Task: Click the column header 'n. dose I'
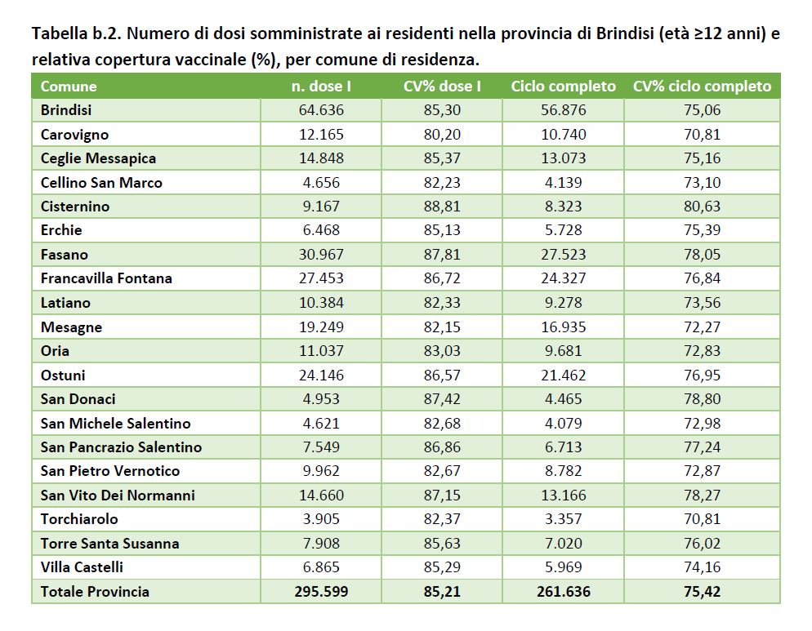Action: coord(321,86)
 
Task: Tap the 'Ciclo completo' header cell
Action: coord(563,86)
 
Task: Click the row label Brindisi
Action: coord(66,110)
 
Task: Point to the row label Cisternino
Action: coord(75,207)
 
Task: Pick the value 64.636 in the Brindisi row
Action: coord(321,110)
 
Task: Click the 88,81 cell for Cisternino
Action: coord(442,207)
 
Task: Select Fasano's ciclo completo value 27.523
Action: coord(563,255)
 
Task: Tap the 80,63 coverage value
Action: coord(703,207)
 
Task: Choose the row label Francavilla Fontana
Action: coord(106,278)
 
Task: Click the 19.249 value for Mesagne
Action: coord(321,327)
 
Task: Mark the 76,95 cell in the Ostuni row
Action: coord(703,375)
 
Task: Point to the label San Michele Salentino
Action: coord(115,424)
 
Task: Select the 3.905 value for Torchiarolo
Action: coord(321,519)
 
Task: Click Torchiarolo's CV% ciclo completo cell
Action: coord(703,519)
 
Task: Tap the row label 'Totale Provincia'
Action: coord(95,592)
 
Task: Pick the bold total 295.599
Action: coord(321,592)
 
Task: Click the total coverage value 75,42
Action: coord(703,592)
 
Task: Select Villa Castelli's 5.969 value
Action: coord(563,567)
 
